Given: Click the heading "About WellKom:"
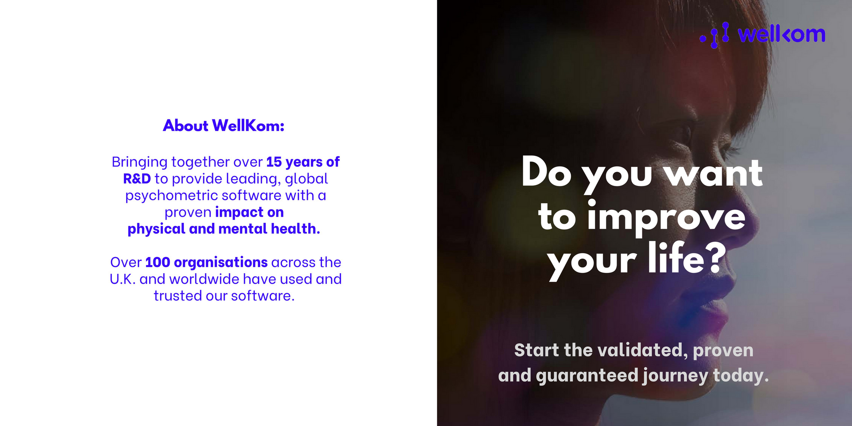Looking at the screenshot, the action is (x=224, y=126).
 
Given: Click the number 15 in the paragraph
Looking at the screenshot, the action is (x=274, y=162).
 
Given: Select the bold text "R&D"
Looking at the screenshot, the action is (x=137, y=179).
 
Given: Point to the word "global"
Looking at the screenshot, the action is (x=306, y=179).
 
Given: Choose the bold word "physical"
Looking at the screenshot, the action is (x=156, y=229).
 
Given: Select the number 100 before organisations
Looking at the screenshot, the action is (x=158, y=262).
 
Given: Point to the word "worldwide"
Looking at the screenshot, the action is (x=204, y=279).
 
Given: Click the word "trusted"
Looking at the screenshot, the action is (x=178, y=296).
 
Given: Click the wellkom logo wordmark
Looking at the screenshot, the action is (x=782, y=35).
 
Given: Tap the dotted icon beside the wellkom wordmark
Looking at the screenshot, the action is (x=715, y=35).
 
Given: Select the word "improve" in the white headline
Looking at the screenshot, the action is (x=666, y=219).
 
